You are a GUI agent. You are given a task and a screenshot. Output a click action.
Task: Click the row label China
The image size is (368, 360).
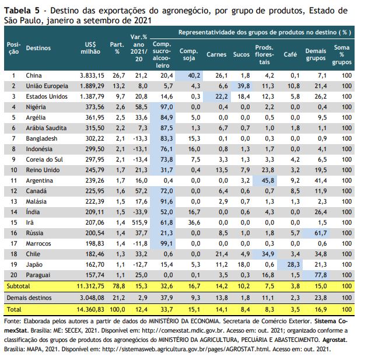(x=34, y=76)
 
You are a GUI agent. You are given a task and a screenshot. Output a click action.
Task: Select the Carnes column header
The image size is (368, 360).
(x=216, y=54)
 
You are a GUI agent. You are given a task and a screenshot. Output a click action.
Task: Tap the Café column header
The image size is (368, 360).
(x=290, y=54)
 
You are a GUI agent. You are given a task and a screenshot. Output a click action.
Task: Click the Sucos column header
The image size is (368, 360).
(x=241, y=54)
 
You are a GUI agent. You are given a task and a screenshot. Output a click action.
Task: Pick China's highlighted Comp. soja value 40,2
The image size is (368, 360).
(x=194, y=76)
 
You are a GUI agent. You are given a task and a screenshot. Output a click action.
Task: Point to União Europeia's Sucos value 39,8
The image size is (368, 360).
(x=243, y=86)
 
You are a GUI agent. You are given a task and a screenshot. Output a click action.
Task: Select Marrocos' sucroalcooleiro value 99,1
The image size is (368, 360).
(x=167, y=243)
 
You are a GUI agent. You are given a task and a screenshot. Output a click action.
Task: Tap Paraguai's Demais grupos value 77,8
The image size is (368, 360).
(x=321, y=275)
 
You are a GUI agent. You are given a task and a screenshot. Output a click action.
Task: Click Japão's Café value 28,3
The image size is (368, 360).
(x=293, y=264)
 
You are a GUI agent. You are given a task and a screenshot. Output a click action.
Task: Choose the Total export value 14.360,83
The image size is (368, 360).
(x=90, y=309)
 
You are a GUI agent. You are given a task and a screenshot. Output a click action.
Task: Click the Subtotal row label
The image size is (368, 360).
(x=18, y=286)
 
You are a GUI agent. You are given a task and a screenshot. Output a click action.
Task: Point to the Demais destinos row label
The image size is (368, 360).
(x=29, y=298)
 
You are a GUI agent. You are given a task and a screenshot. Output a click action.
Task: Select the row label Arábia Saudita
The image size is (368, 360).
(x=46, y=128)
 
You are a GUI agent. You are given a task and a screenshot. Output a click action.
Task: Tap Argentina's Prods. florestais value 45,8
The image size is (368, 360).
(x=268, y=181)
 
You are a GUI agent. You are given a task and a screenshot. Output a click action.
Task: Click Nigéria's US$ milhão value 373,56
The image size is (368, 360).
(x=95, y=107)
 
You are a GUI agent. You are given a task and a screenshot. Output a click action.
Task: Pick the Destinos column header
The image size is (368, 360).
(x=38, y=48)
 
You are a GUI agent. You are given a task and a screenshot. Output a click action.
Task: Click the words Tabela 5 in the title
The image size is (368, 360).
(x=21, y=11)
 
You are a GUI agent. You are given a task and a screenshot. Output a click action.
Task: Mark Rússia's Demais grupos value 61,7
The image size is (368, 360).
(x=321, y=233)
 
